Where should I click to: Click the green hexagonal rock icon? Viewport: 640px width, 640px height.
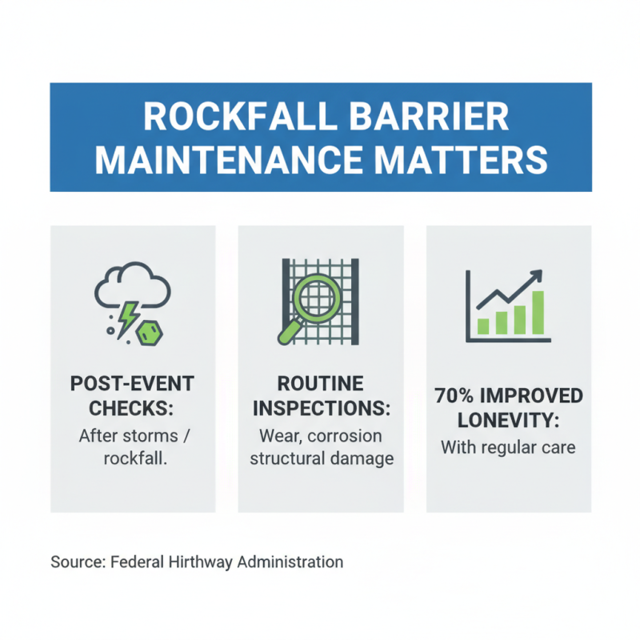click(x=148, y=334)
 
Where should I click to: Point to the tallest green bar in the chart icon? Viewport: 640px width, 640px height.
click(x=538, y=312)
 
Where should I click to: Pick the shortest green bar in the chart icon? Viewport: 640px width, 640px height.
click(x=483, y=326)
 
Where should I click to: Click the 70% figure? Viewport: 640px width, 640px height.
click(x=458, y=396)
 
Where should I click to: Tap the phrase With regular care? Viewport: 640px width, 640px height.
click(x=508, y=446)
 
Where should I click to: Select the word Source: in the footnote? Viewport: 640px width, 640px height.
click(x=76, y=562)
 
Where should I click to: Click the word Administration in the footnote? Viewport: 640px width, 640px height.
click(x=293, y=562)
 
